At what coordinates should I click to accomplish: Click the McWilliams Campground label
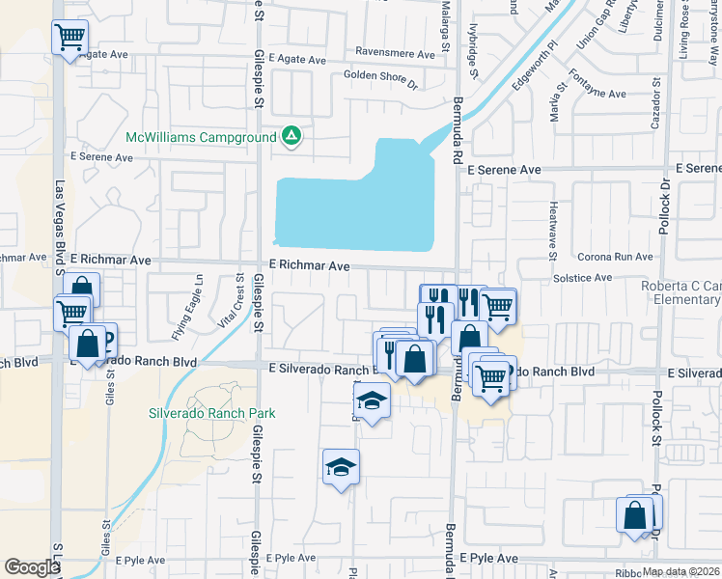click(x=202, y=137)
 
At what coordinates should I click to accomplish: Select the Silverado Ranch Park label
click(x=211, y=414)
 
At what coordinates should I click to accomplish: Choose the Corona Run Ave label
click(x=615, y=258)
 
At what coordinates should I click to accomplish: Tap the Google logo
click(x=33, y=567)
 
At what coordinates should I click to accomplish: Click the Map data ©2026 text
click(x=680, y=571)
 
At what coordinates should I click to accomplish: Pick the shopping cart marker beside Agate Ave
click(x=69, y=39)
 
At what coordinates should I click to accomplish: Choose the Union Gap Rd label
click(x=595, y=33)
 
